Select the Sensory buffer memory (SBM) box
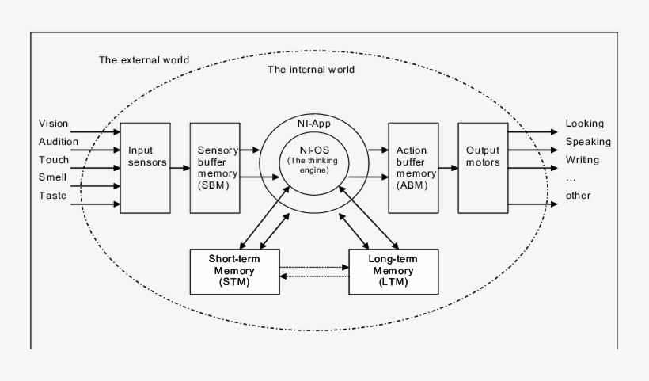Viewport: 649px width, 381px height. pos(214,168)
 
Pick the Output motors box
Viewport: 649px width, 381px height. pos(483,168)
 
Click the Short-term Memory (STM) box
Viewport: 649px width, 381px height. pos(234,271)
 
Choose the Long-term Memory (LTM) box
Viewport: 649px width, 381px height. pos(393,271)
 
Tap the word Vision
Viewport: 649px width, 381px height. pos(54,124)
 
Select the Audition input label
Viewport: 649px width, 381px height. pos(59,142)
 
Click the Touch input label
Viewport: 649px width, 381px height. pos(53,159)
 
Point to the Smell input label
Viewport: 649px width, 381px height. pos(52,177)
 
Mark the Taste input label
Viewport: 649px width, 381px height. pos(52,196)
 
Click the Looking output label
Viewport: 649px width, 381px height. pos(584,124)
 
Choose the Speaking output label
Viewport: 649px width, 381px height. pos(588,142)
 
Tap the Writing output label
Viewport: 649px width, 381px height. pos(582,159)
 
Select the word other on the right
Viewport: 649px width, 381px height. pos(578,196)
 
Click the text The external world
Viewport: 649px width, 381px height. pos(144,59)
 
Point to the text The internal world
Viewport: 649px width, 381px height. pos(311,70)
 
